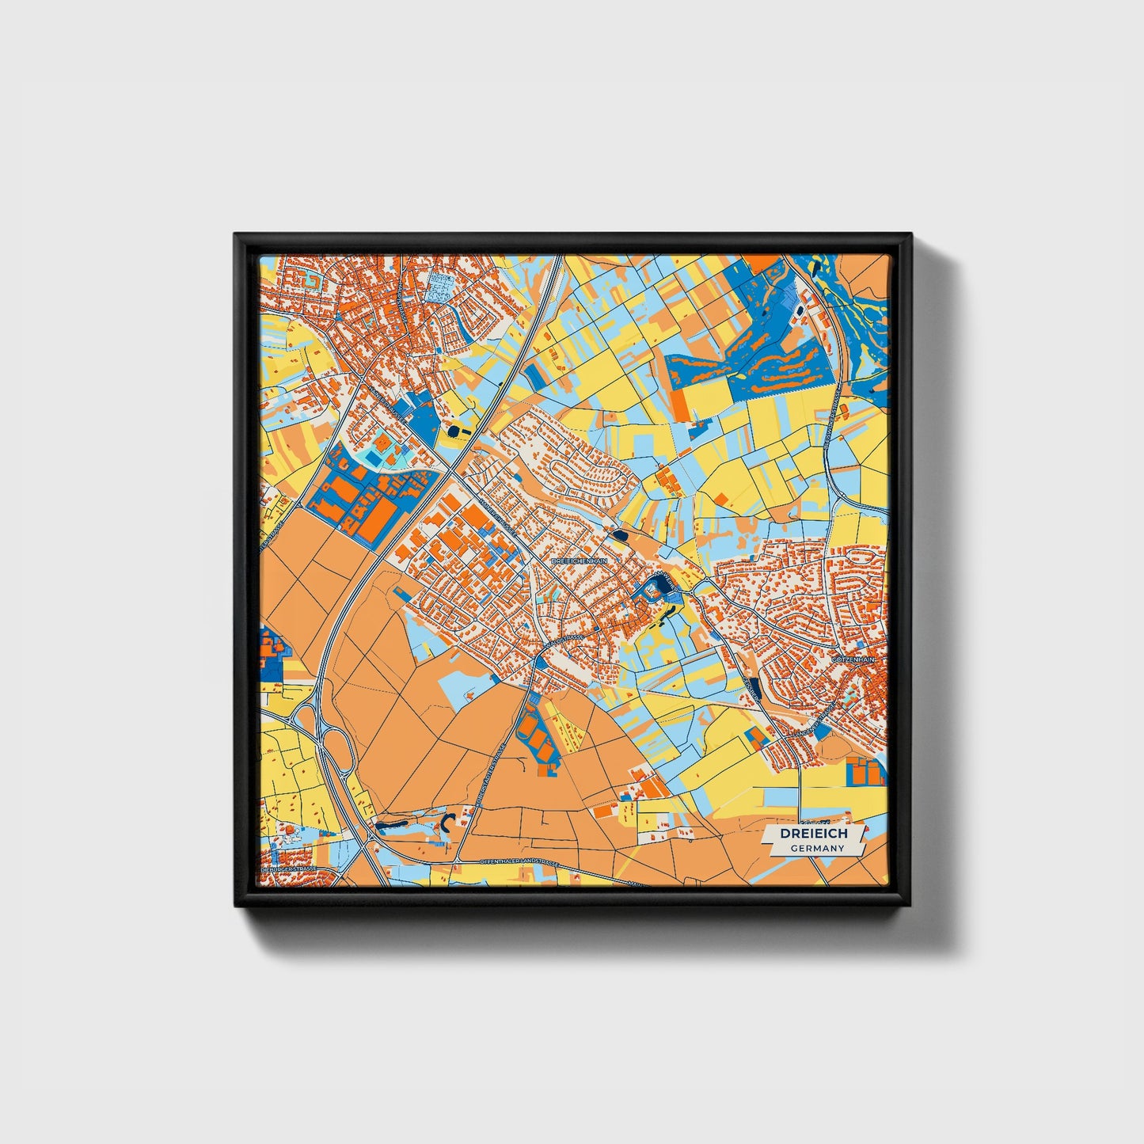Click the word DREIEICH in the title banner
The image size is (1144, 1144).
814,834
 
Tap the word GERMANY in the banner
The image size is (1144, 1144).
817,848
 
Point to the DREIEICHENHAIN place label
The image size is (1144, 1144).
579,561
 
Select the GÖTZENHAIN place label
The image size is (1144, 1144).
854,659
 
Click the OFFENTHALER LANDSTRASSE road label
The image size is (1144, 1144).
519,862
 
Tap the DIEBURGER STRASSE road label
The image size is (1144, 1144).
288,868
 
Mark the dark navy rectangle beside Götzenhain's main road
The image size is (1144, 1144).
753,689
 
